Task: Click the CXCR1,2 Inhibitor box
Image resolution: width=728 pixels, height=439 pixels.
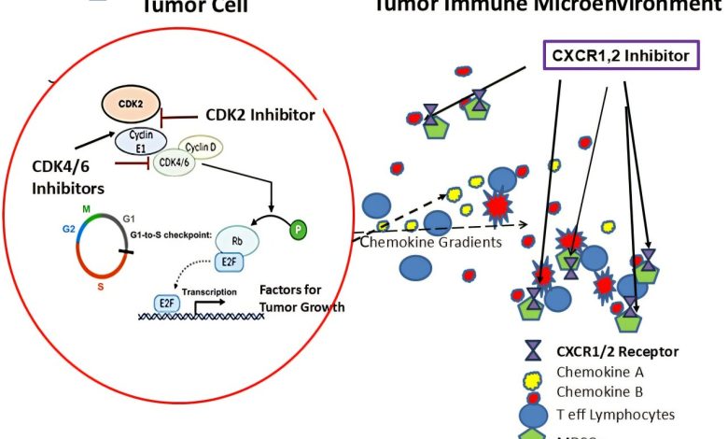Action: coord(620,57)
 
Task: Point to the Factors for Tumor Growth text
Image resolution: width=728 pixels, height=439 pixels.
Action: coord(298,299)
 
